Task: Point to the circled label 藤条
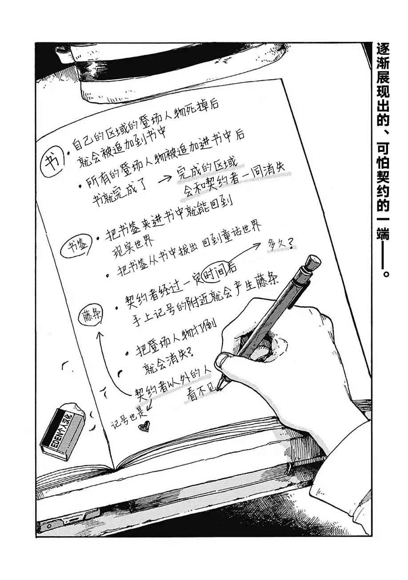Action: pyautogui.click(x=91, y=314)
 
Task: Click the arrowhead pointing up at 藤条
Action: pyautogui.click(x=100, y=335)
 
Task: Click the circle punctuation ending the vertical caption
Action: pyautogui.click(x=386, y=273)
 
